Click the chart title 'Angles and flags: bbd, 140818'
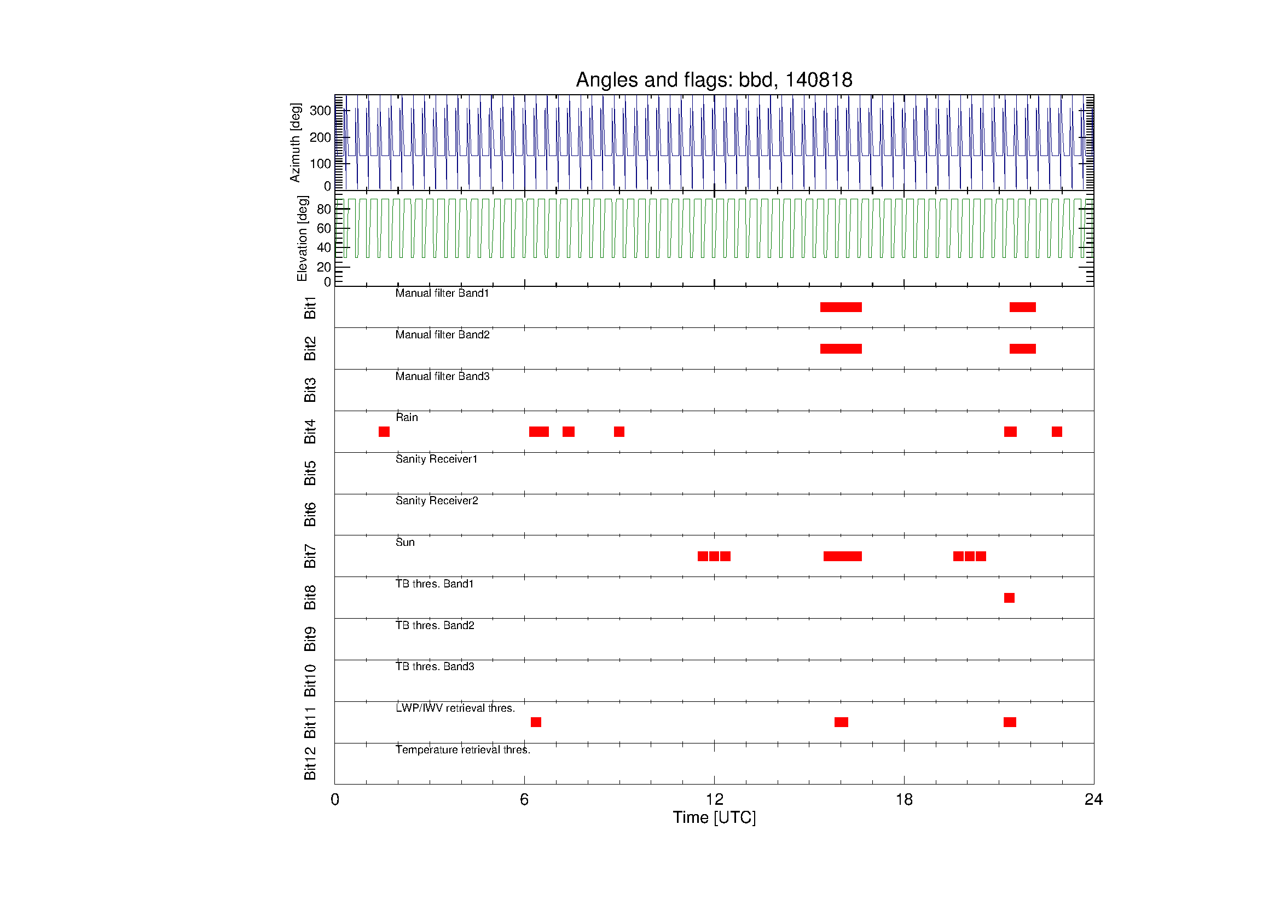click(x=714, y=80)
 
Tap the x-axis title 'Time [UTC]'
click(x=714, y=817)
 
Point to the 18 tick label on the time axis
click(x=904, y=800)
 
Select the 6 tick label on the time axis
click(x=524, y=800)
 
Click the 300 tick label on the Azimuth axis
click(x=320, y=111)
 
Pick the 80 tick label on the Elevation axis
click(x=324, y=209)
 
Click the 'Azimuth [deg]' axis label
click(x=295, y=142)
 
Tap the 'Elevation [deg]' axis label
click(x=302, y=239)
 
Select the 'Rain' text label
click(x=407, y=417)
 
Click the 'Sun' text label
click(x=406, y=542)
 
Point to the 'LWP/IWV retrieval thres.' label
click(x=455, y=708)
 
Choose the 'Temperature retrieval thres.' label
click(x=464, y=750)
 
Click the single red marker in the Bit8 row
click(x=1009, y=598)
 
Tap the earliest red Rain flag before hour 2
click(x=384, y=431)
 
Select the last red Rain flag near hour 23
click(x=1057, y=431)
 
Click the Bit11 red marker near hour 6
click(x=536, y=722)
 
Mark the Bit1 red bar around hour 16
click(x=841, y=307)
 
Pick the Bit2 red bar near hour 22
click(x=1022, y=349)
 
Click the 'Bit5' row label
click(x=310, y=473)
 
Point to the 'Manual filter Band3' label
click(x=443, y=376)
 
